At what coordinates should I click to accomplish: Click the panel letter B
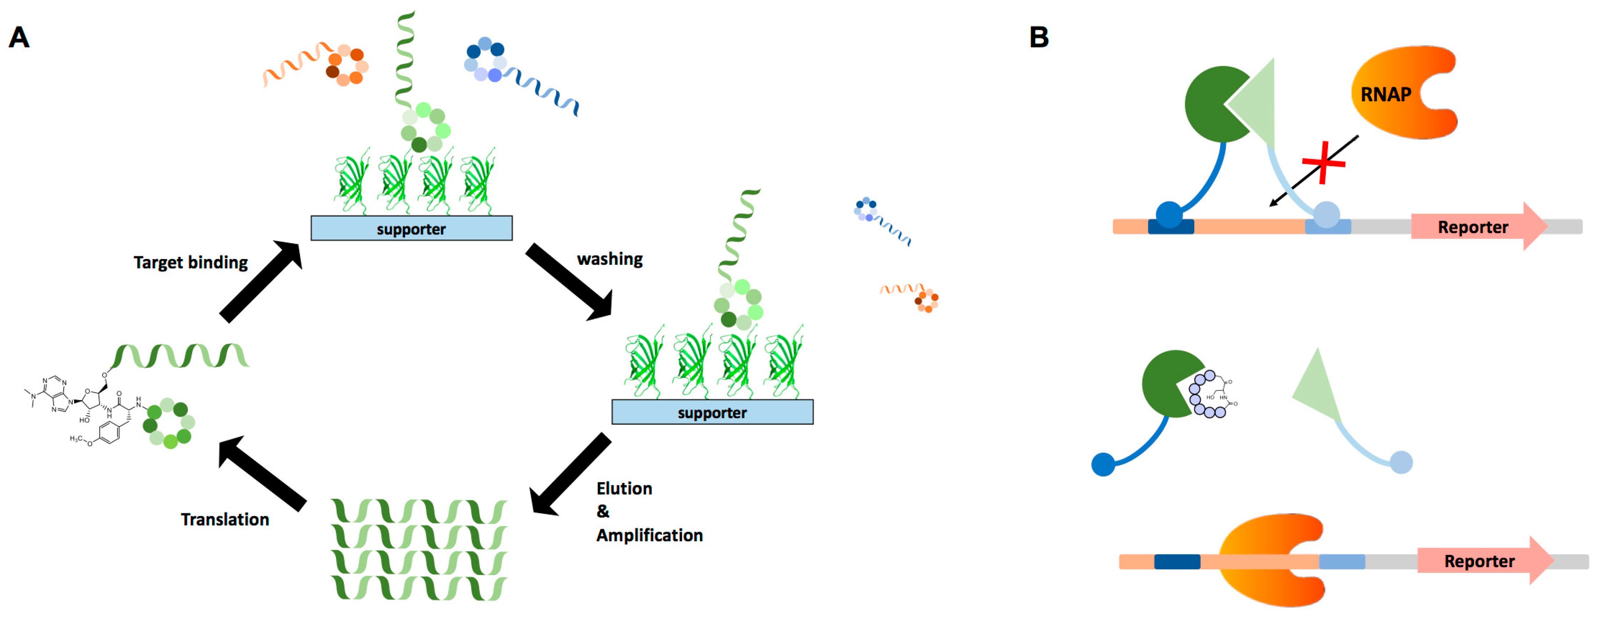[1039, 37]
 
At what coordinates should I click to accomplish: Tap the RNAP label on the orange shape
[1385, 94]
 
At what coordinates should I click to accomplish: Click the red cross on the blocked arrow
[1324, 163]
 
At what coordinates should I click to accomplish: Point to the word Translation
[225, 519]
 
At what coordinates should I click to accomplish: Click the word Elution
[624, 489]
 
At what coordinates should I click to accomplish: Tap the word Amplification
[649, 535]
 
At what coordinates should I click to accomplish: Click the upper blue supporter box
[411, 228]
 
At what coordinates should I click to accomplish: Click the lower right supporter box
[712, 412]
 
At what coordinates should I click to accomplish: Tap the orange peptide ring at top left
[346, 64]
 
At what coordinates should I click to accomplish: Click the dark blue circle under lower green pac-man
[1103, 464]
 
